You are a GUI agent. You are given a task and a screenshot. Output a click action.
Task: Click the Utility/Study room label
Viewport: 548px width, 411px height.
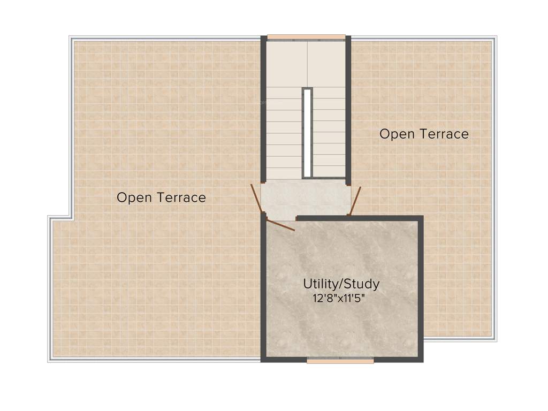[x=341, y=283]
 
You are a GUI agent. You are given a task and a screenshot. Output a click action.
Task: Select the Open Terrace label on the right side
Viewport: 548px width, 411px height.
[x=424, y=134]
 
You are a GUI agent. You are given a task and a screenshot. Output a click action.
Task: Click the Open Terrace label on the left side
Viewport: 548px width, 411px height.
[x=161, y=197]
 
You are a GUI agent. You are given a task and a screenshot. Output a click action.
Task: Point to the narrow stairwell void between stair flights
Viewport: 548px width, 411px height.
[x=307, y=133]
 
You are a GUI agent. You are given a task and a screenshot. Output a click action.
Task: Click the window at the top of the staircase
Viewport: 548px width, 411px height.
[x=306, y=37]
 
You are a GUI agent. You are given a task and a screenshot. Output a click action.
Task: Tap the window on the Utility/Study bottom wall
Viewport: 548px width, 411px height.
[x=340, y=361]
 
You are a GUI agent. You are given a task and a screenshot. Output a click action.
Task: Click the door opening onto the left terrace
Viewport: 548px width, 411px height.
[x=257, y=198]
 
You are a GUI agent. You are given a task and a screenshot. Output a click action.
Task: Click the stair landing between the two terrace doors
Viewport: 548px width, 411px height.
[x=305, y=199]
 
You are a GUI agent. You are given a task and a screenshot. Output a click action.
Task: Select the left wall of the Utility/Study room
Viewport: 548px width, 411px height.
[x=263, y=289]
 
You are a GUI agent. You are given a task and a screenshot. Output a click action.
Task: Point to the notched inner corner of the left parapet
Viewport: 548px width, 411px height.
[x=72, y=217]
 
